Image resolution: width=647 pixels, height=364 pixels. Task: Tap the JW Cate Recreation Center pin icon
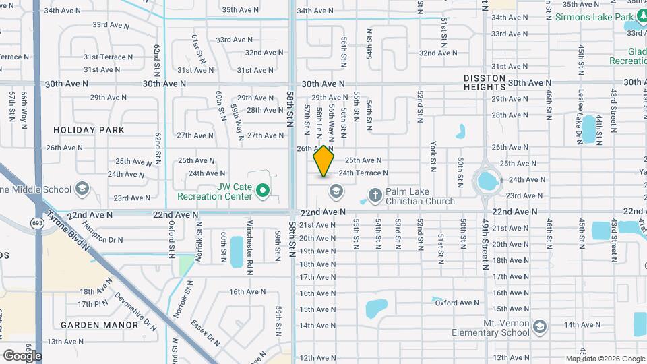pyautogui.click(x=263, y=191)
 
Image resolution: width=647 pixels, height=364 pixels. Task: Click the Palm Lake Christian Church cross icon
pyautogui.click(x=375, y=195)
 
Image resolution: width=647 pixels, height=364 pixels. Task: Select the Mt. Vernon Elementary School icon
pyautogui.click(x=538, y=327)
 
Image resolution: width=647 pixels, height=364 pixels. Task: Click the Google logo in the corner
pyautogui.click(x=22, y=355)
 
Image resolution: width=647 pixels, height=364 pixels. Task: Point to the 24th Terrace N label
pyautogui.click(x=363, y=173)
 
